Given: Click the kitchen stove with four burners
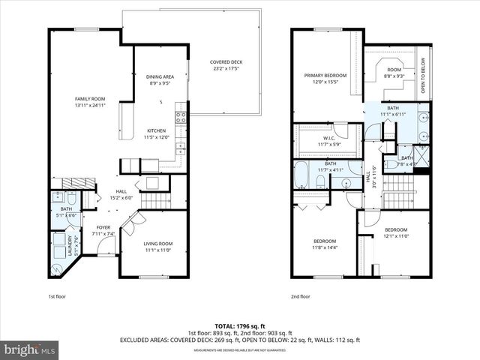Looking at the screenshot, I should (180, 116).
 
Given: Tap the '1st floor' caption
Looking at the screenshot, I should (57, 296).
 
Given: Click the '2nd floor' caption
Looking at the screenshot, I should (301, 296).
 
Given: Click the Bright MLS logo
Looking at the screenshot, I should (30, 349).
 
